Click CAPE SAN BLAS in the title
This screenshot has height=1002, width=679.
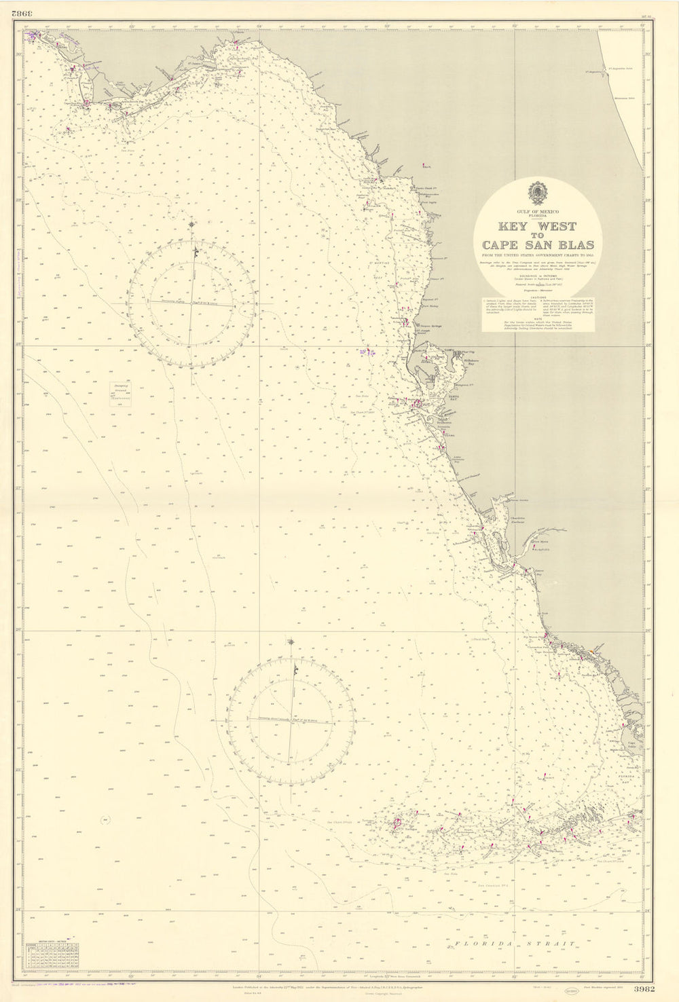(x=538, y=245)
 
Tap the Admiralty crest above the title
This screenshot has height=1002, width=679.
(x=538, y=193)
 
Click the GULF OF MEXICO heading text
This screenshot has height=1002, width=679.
(x=538, y=212)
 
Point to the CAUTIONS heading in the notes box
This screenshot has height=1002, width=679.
(x=538, y=296)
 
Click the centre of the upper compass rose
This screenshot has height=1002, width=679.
(x=193, y=303)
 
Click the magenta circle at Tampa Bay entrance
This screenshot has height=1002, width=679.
(x=415, y=403)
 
